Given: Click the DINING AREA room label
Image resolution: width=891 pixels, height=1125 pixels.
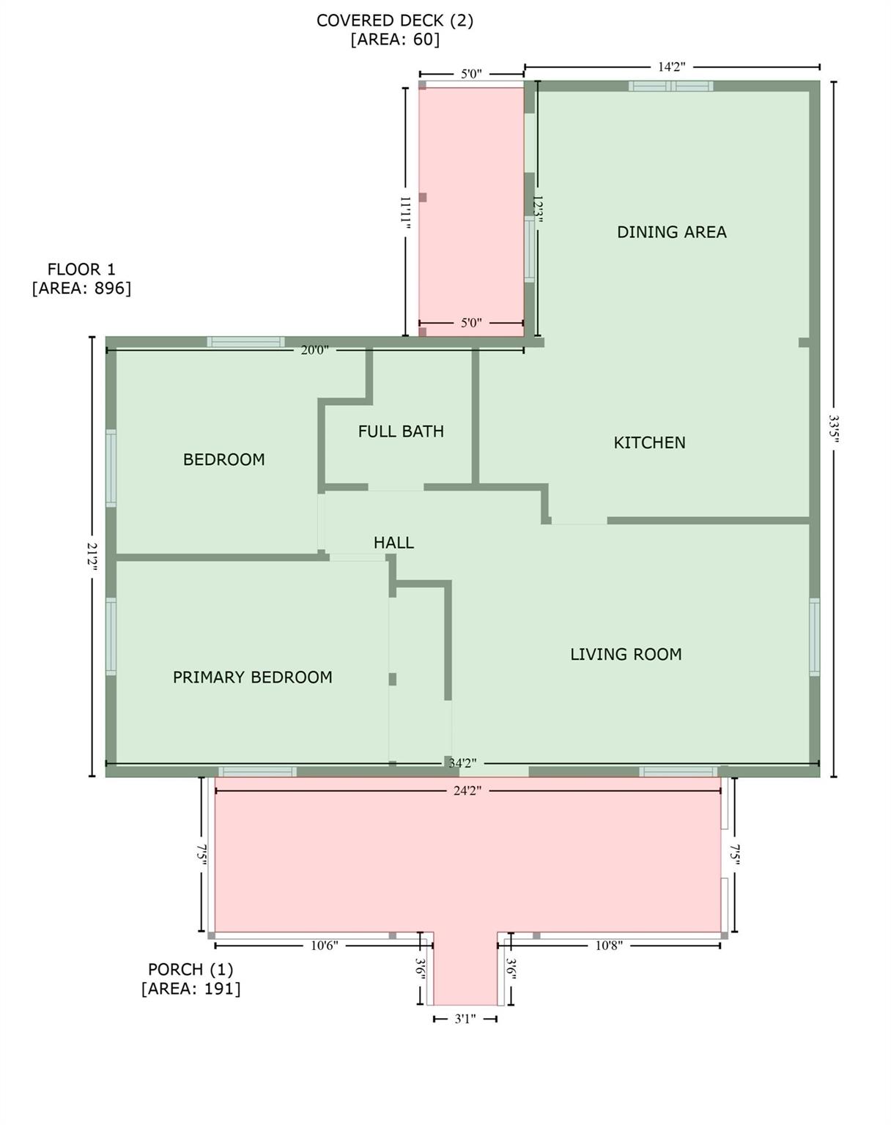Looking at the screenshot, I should point(671,232).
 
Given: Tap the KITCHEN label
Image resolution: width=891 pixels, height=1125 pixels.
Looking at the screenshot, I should point(649,442).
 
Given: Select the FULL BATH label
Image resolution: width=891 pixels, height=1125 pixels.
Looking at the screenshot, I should point(401,431).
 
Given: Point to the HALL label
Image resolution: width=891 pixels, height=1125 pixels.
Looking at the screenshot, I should point(393,543).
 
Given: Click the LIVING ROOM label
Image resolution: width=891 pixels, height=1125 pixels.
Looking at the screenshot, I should point(626,654).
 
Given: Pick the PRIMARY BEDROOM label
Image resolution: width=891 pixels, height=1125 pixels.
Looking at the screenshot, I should point(252,677).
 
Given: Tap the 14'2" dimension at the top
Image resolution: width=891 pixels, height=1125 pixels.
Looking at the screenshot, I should point(671,67).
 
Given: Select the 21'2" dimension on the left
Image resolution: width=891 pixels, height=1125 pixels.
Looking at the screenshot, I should point(92,557).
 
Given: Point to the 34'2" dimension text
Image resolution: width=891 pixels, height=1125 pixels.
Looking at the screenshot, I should point(462,763).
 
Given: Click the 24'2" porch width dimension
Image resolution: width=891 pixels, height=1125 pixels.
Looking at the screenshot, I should point(467,791).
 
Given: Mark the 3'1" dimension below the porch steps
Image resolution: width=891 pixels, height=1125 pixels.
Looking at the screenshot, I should point(465,1019).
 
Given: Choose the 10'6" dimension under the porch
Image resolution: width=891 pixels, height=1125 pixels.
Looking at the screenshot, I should point(324,946).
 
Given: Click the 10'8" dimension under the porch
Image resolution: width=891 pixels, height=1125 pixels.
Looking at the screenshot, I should point(608,946).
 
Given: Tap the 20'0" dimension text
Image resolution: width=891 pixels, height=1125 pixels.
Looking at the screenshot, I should point(314,350).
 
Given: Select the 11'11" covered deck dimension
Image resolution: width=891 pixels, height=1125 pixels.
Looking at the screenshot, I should point(405,212).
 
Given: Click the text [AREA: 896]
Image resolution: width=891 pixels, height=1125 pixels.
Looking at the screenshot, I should point(81,289).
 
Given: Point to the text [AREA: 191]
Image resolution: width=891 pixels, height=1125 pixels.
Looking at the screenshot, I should point(191,989).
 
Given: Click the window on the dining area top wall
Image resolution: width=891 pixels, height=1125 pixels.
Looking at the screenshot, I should point(670,86).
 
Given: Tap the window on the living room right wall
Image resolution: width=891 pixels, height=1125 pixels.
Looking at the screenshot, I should point(814,636).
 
